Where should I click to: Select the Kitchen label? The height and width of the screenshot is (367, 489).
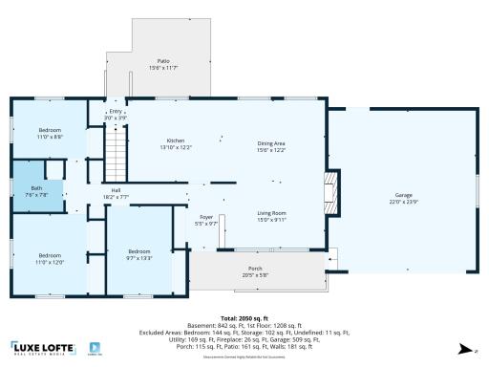(x=176, y=141)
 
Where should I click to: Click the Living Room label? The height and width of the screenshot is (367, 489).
(x=272, y=213)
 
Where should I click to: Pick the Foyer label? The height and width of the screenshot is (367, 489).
(x=206, y=218)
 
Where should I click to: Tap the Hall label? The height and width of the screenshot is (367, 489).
(x=116, y=191)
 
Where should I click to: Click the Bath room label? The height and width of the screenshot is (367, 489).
(x=36, y=188)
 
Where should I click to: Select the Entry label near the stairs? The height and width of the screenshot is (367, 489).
(x=116, y=111)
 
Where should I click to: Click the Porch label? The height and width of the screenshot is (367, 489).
(x=255, y=269)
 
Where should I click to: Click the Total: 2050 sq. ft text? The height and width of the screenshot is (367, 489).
(x=243, y=317)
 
